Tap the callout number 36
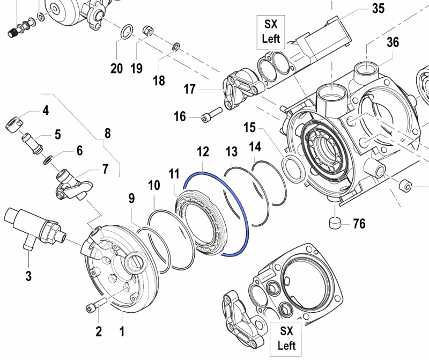(393, 42)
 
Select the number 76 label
(359, 223)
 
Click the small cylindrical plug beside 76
(335, 222)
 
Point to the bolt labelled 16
(211, 115)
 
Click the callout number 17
(190, 89)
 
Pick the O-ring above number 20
(124, 32)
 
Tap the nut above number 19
(148, 30)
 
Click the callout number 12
(202, 153)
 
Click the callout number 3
(28, 276)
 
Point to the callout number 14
(255, 145)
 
